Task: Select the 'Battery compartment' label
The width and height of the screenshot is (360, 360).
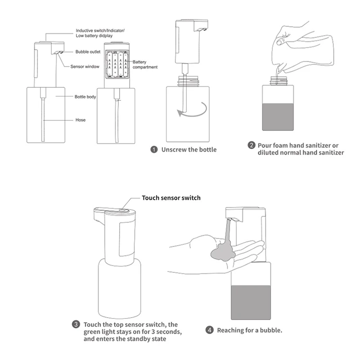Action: [144, 64]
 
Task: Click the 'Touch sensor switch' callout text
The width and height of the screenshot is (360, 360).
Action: [171, 198]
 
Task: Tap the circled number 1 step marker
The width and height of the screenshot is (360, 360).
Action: [154, 149]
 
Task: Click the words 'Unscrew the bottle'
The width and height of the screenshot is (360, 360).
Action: [189, 149]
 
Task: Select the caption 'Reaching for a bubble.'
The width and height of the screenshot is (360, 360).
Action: [249, 330]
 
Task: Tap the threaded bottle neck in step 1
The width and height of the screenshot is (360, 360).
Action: [186, 81]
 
